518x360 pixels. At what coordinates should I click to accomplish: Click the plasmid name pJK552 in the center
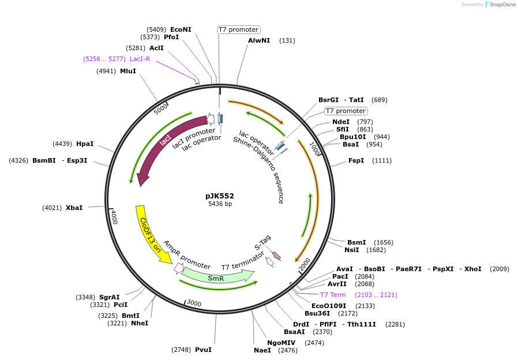[x=220, y=196]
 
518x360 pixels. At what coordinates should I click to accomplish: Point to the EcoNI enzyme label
[x=181, y=29]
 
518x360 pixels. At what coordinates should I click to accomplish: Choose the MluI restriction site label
[x=128, y=71]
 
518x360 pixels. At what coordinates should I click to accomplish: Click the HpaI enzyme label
[x=85, y=144]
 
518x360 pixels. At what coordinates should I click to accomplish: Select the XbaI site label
[x=74, y=207]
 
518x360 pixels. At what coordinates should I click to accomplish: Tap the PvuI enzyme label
[x=203, y=350]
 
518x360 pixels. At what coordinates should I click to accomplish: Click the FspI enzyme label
[x=356, y=160]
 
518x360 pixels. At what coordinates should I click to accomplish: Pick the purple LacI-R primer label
[x=140, y=59]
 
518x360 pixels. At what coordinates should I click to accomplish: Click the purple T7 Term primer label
[x=333, y=295]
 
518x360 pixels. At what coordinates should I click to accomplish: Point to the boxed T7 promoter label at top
[x=239, y=29]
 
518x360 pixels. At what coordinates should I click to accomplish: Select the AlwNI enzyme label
[x=259, y=40]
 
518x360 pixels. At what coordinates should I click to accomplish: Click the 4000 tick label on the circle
[x=114, y=217]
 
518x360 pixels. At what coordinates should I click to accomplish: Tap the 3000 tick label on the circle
[x=194, y=303]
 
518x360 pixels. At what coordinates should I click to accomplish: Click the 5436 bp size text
[x=220, y=204]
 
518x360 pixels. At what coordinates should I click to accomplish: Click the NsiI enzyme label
[x=352, y=250]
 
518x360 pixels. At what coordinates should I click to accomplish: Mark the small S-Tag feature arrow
[x=276, y=255]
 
